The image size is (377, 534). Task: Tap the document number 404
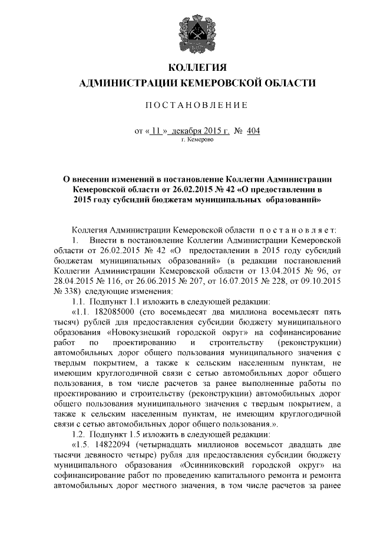point(254,130)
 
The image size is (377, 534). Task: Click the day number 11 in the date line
point(155,130)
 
